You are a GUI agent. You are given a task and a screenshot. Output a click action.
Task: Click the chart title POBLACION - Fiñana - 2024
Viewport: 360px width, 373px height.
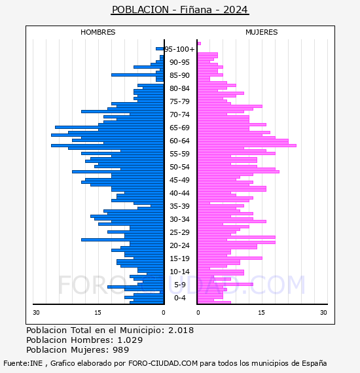pyautogui.click(x=180, y=10)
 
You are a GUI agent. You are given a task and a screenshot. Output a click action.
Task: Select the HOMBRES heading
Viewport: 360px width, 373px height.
pyautogui.click(x=98, y=32)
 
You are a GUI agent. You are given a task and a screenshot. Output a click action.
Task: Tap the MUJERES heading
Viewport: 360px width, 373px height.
pyautogui.click(x=262, y=32)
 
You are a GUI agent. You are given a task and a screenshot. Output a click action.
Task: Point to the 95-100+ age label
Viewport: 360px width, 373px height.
pyautogui.click(x=179, y=49)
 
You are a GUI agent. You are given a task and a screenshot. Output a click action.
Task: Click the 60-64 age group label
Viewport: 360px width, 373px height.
pyautogui.click(x=179, y=141)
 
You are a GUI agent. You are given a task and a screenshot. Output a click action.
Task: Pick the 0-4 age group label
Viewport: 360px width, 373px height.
pyautogui.click(x=179, y=298)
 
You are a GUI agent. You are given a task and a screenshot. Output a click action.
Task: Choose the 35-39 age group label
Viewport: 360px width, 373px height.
pyautogui.click(x=179, y=206)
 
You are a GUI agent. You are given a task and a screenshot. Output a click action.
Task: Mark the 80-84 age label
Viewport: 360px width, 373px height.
pyautogui.click(x=179, y=88)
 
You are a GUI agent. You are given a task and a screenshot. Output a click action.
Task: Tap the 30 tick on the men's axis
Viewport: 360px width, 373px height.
pyautogui.click(x=36, y=312)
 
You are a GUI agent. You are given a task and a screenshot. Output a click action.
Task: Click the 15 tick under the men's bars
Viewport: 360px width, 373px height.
pyautogui.click(x=98, y=312)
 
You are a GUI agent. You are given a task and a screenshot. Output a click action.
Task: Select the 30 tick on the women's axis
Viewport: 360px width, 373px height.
pyautogui.click(x=323, y=312)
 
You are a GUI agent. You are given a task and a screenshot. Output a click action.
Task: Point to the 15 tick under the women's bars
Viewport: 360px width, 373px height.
pyautogui.click(x=262, y=312)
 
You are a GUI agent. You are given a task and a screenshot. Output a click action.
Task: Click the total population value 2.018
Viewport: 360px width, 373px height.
pyautogui.click(x=181, y=330)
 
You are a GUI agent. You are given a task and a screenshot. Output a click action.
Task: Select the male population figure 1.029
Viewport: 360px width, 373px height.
pyautogui.click(x=130, y=340)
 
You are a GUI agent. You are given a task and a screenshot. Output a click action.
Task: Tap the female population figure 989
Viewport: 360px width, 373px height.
pyautogui.click(x=121, y=349)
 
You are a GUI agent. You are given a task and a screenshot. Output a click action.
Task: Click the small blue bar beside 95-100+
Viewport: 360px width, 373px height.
pyautogui.click(x=160, y=49)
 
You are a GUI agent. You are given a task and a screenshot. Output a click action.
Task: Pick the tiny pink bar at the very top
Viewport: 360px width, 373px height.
pyautogui.click(x=199, y=44)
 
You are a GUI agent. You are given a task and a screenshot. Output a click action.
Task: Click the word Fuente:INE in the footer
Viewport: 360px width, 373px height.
pyautogui.click(x=23, y=363)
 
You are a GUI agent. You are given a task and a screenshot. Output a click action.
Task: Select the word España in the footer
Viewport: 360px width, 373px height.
pyautogui.click(x=314, y=363)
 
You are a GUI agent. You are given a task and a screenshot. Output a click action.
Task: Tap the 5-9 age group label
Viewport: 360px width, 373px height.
pyautogui.click(x=179, y=285)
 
